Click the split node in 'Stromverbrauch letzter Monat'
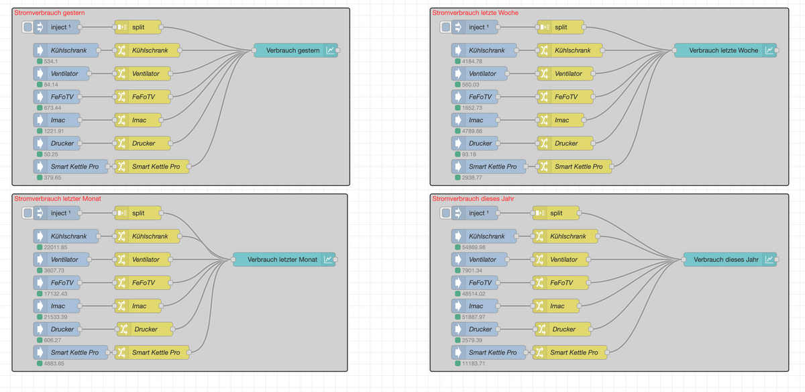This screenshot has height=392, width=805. pyautogui.click(x=138, y=213)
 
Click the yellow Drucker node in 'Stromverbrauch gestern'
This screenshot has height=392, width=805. pyautogui.click(x=143, y=143)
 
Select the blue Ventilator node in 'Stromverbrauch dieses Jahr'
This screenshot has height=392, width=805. pyautogui.click(x=482, y=259)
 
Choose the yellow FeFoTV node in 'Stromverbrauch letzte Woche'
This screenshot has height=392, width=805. pyautogui.click(x=566, y=97)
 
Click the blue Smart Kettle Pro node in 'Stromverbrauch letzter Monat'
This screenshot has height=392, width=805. pyautogui.click(x=70, y=352)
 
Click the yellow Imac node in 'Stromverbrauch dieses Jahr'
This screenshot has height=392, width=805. pyautogui.click(x=556, y=305)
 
